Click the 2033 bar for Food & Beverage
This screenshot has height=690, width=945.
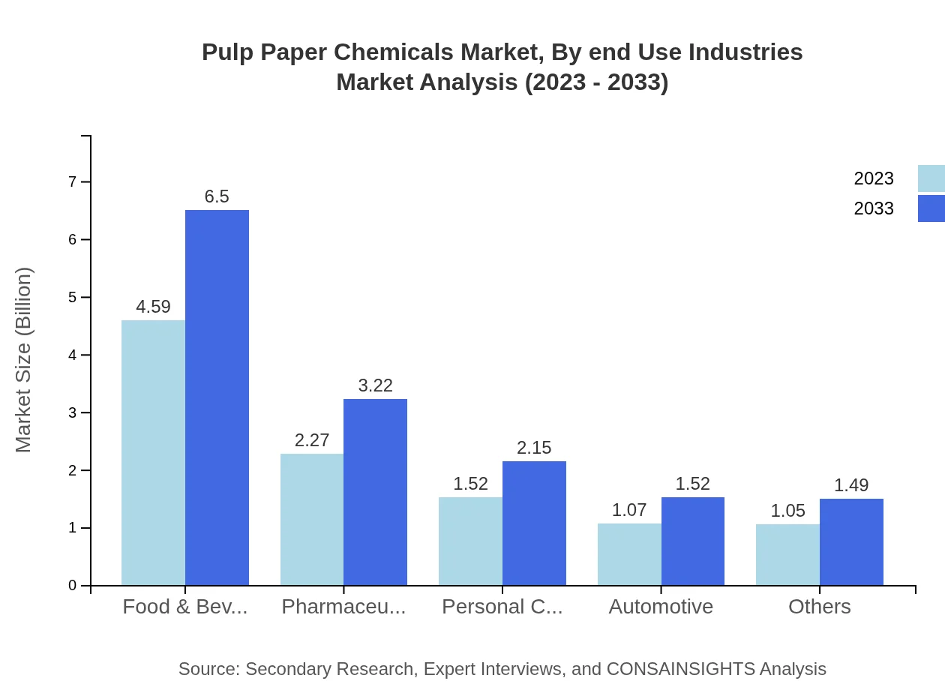[x=217, y=397]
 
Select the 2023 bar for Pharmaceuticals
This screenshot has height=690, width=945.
[x=312, y=519]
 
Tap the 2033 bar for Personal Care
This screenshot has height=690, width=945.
[x=534, y=523]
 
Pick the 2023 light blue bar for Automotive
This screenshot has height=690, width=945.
[x=629, y=554]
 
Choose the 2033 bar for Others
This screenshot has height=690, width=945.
[x=851, y=541]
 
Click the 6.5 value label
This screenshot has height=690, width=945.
[x=217, y=196]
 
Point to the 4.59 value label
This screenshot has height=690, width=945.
[x=153, y=307]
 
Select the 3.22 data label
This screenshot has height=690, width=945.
[x=376, y=385]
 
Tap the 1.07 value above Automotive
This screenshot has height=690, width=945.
[x=629, y=510]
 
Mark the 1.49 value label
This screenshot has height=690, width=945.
[x=851, y=485]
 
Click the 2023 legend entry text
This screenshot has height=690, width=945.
[x=874, y=178]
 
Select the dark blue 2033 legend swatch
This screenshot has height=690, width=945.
[x=931, y=208]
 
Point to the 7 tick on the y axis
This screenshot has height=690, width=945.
[x=73, y=182]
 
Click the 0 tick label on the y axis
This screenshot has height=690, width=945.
[x=73, y=586]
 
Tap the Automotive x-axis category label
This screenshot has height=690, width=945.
[x=661, y=606]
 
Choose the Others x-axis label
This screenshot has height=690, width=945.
[x=820, y=606]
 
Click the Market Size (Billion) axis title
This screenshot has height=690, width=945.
[x=24, y=360]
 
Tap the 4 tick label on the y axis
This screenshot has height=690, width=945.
[x=73, y=355]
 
